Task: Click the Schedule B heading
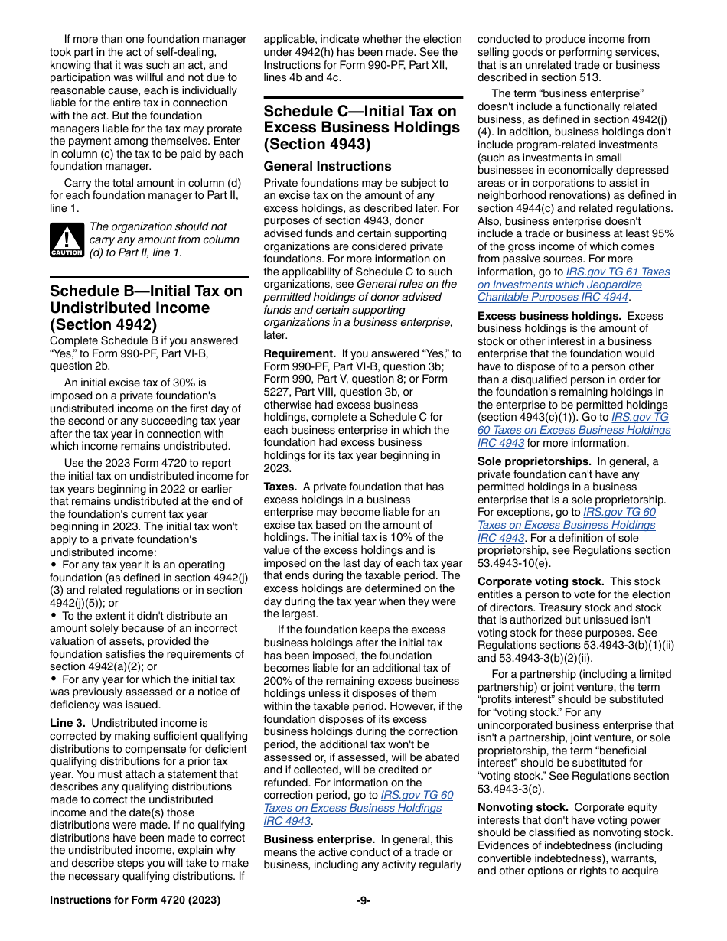click(x=145, y=308)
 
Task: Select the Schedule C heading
click(x=361, y=127)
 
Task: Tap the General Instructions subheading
click(x=327, y=166)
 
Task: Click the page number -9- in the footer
click(x=363, y=900)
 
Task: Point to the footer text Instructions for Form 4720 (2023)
click(x=135, y=900)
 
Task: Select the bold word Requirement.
click(x=299, y=353)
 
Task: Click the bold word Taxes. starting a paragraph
click(x=281, y=487)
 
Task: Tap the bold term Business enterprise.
click(x=319, y=839)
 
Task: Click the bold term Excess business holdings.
click(x=538, y=316)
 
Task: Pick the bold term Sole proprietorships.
click(x=534, y=461)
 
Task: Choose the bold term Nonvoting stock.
click(x=523, y=807)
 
